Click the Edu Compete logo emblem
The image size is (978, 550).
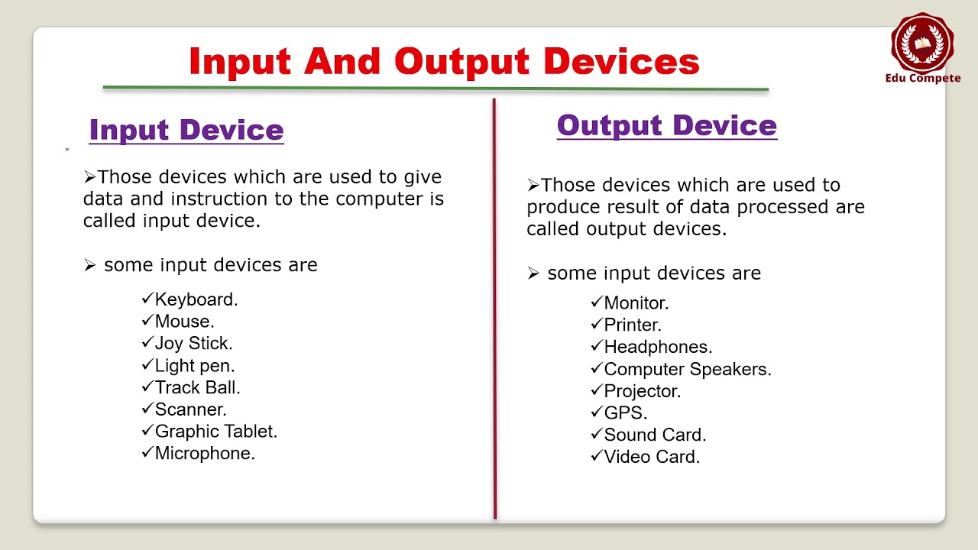click(x=922, y=42)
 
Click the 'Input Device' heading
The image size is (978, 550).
click(x=186, y=130)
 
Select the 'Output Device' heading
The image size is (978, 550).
click(x=666, y=125)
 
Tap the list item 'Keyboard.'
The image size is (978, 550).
click(x=196, y=299)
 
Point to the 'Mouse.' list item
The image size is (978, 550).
click(x=184, y=322)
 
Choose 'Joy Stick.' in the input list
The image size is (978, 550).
click(x=193, y=343)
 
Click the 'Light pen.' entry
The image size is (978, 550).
click(x=195, y=365)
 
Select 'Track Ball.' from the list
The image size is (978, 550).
click(x=197, y=387)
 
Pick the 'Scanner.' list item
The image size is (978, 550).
click(x=190, y=409)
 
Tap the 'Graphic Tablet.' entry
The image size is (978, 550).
click(x=215, y=432)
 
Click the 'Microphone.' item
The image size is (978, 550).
click(x=205, y=454)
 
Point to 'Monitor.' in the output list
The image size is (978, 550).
click(x=636, y=303)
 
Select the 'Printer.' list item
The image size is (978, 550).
click(x=633, y=325)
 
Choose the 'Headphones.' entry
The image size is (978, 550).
click(x=658, y=347)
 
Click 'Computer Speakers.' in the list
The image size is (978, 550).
click(x=688, y=369)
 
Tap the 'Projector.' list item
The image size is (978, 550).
click(x=642, y=391)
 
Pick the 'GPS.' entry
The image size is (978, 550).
click(x=626, y=413)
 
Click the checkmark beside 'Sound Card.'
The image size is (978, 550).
click(x=597, y=435)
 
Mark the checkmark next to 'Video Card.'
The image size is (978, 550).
click(x=597, y=457)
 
